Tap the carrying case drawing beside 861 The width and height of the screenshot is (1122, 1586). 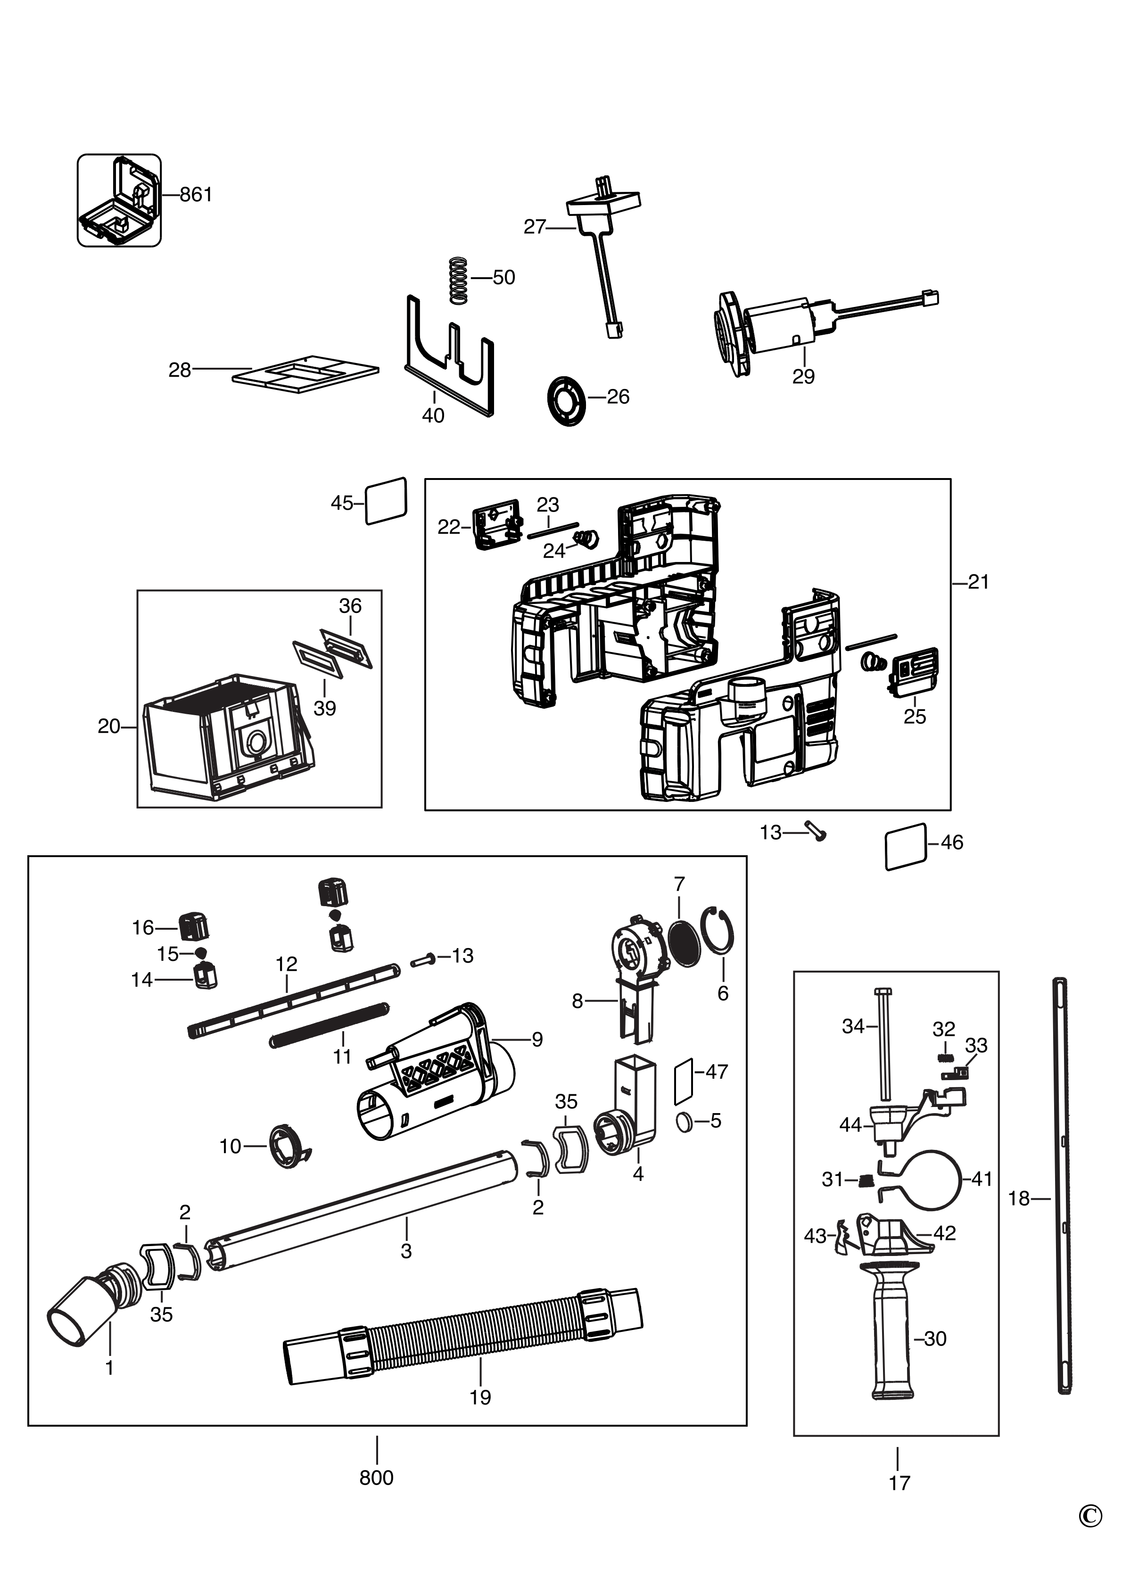(119, 200)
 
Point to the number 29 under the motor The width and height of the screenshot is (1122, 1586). (803, 377)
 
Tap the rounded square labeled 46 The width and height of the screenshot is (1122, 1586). (905, 846)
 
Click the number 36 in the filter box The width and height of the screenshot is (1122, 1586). (350, 606)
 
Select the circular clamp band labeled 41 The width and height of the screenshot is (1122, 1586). (932, 1179)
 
